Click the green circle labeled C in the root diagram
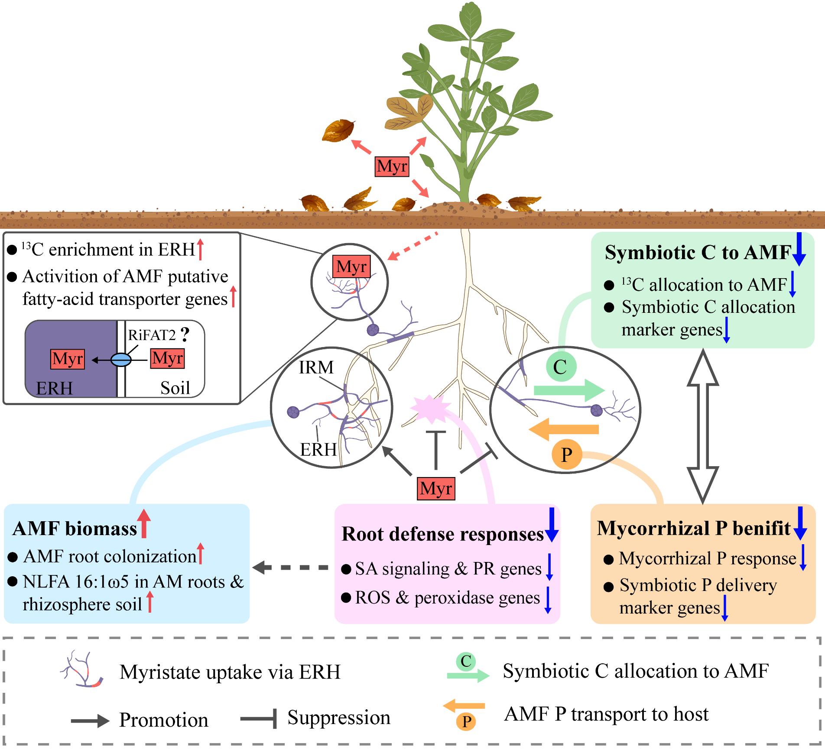pyautogui.click(x=560, y=367)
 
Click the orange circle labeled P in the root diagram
pyautogui.click(x=566, y=455)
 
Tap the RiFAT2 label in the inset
pyautogui.click(x=152, y=335)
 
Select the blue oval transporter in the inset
pyautogui.click(x=120, y=359)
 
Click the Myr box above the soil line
pyautogui.click(x=392, y=166)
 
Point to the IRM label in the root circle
pyautogui.click(x=316, y=367)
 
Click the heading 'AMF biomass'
pyautogui.click(x=75, y=529)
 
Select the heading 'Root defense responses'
pyautogui.click(x=442, y=534)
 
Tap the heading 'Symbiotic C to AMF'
pyautogui.click(x=698, y=253)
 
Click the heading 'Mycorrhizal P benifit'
pyautogui.click(x=694, y=528)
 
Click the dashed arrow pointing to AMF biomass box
pyautogui.click(x=290, y=567)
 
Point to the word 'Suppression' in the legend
pyautogui.click(x=339, y=717)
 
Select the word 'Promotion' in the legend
pyautogui.click(x=164, y=720)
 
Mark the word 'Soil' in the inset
pyautogui.click(x=175, y=388)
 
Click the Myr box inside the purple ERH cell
pyautogui.click(x=68, y=359)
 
